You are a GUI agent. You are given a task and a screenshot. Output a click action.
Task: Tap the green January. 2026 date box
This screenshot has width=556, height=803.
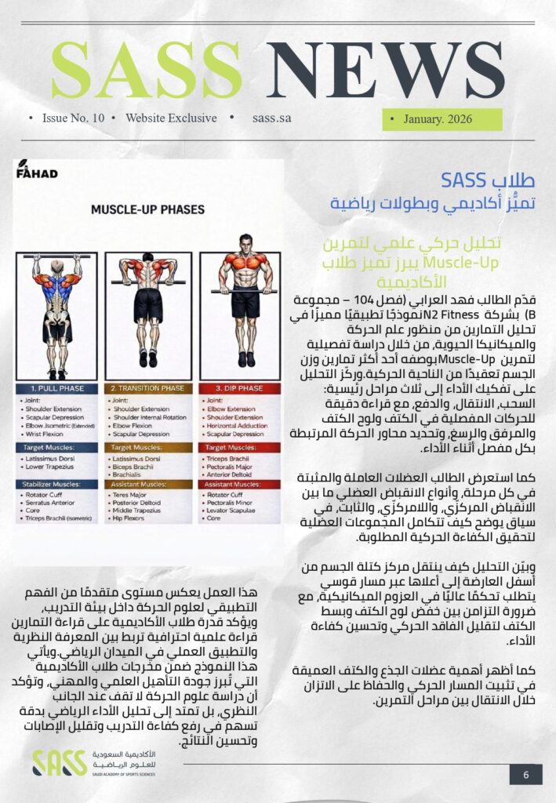coord(442,119)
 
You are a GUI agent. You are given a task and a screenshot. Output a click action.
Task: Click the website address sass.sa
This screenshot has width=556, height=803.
coord(272,118)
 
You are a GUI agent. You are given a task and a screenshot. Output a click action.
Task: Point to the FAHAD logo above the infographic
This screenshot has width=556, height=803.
coord(37,170)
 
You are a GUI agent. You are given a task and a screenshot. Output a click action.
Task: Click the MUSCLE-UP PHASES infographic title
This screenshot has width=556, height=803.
coord(147,209)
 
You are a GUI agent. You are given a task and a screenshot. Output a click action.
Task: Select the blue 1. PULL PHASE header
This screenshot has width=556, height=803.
coord(56,388)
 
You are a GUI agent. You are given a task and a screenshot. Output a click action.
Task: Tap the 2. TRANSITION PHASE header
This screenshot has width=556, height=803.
coord(147,388)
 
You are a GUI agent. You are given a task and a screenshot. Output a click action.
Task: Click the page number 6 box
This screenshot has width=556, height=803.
coord(525,774)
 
